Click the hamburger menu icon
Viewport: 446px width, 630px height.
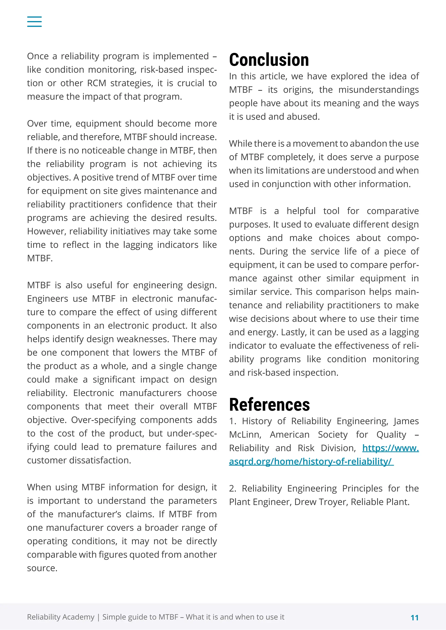tap(34, 21)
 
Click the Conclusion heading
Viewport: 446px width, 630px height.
tap(269, 60)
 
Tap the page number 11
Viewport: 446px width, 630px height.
tap(414, 618)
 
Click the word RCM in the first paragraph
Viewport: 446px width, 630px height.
tap(96, 83)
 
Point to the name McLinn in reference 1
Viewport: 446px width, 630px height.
tap(245, 434)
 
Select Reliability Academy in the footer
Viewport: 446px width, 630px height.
tap(60, 617)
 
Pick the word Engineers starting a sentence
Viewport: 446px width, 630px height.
tap(47, 298)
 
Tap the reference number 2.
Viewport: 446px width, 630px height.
tap(232, 488)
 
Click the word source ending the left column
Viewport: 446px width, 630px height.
tap(42, 568)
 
